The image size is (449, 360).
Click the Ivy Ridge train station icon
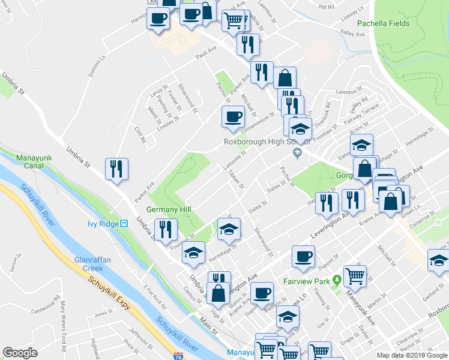click(125, 224)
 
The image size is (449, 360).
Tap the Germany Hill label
click(168, 209)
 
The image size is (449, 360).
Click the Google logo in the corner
click(20, 352)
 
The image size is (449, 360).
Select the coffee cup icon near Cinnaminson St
click(233, 117)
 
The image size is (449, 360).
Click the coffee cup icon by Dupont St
click(303, 256)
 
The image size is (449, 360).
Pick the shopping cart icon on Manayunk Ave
click(355, 275)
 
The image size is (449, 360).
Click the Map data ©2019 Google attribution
click(411, 355)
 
